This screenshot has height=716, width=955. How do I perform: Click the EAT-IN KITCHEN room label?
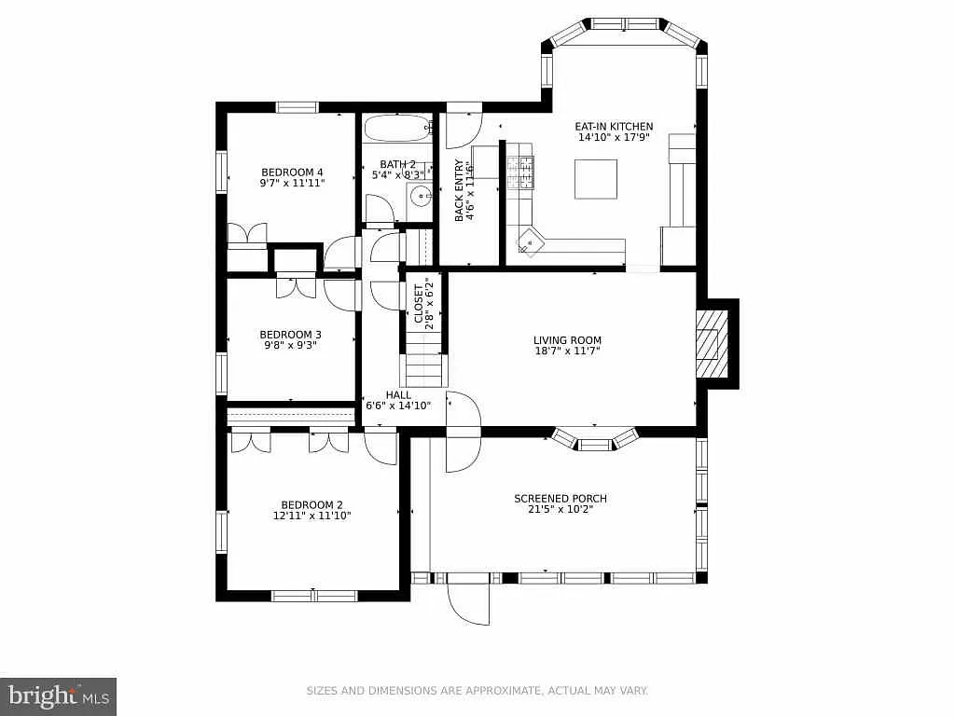614,126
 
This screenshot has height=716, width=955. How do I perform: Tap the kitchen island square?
595,179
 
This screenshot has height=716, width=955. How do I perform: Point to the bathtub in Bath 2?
396,128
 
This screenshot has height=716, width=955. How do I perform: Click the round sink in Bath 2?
421,196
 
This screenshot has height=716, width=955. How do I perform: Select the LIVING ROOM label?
567,340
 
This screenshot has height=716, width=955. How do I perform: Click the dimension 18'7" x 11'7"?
567,351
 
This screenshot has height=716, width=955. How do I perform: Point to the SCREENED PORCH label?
561,498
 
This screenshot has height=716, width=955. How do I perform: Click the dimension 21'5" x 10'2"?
561,509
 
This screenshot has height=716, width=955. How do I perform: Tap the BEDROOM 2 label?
311,503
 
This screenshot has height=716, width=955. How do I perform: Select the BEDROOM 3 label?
290,335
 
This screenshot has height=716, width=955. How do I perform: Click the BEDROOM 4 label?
292,172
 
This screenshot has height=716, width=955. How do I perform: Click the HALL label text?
398,394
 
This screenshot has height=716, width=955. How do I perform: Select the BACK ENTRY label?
459,190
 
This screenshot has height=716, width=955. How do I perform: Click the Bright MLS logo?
58,695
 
